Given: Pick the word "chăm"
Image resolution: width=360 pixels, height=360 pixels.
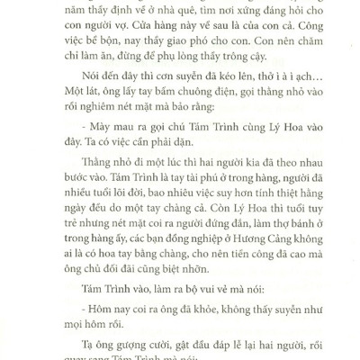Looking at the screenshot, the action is [x=298, y=50].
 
